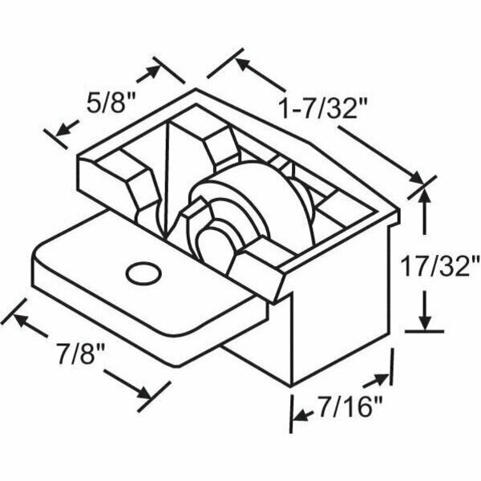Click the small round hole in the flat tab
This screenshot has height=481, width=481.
tap(141, 273)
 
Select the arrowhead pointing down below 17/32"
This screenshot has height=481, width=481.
tap(422, 321)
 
